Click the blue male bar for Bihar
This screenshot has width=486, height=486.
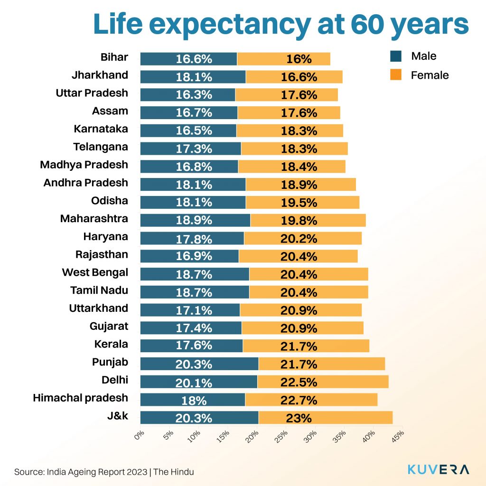(188, 59)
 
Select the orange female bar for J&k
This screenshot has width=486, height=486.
(326, 418)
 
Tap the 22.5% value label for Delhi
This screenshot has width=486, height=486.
(299, 382)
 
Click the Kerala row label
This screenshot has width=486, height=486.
(112, 344)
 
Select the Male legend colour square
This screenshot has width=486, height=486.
(395, 56)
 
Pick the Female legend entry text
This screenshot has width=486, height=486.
(430, 75)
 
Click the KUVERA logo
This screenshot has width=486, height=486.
(439, 469)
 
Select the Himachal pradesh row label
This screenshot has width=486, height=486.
(80, 398)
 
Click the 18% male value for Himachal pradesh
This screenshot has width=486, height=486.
(194, 400)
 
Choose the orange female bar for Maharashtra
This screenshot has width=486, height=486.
(308, 220)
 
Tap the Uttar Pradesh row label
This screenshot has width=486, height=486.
(92, 93)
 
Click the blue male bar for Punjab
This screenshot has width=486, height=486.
(199, 364)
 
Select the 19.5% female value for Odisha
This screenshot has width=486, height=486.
(299, 203)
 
